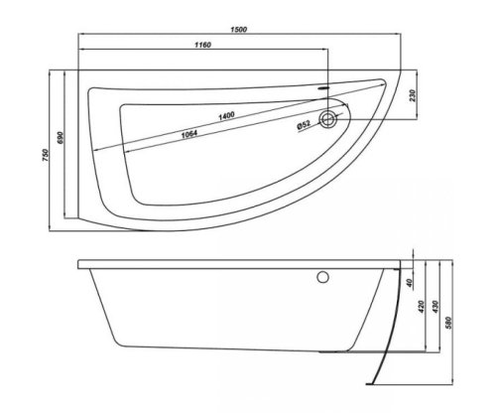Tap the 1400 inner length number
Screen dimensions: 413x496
point(226,117)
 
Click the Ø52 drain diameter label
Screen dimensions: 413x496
point(304,125)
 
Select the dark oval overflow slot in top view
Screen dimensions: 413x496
point(324,86)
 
